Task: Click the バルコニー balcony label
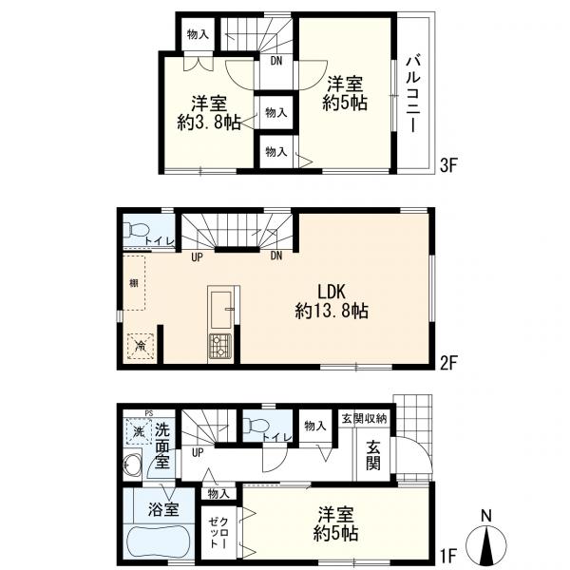point(413,94)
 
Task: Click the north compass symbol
point(486,538)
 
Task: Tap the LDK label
point(332,292)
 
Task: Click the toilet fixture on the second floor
point(136,230)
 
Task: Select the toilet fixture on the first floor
point(256,425)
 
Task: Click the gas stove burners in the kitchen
point(220,346)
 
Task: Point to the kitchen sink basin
point(220,310)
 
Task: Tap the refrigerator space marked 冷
point(141,346)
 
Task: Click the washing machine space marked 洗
point(139,432)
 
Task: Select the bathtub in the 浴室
point(158,545)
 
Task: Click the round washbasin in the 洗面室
point(132,465)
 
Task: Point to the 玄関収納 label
point(364,418)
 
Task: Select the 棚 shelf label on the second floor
point(134,283)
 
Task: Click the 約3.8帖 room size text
point(209,123)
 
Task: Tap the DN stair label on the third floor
point(276,61)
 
